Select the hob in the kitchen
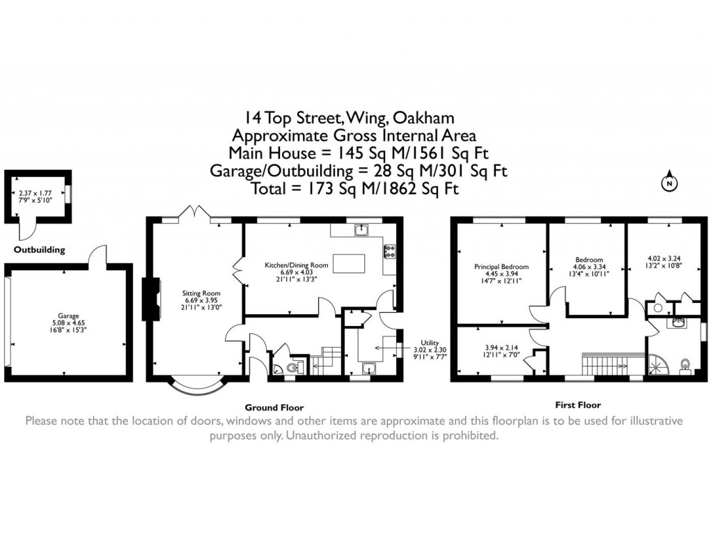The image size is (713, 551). pos(389,251)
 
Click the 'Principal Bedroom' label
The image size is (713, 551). pos(501,267)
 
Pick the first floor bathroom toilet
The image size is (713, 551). pos(686,364)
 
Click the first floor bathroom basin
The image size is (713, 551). pos(677,322)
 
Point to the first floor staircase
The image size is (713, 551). pos(605,362)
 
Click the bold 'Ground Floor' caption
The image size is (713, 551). pos(274,408)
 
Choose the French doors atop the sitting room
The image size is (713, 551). pos(196,212)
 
